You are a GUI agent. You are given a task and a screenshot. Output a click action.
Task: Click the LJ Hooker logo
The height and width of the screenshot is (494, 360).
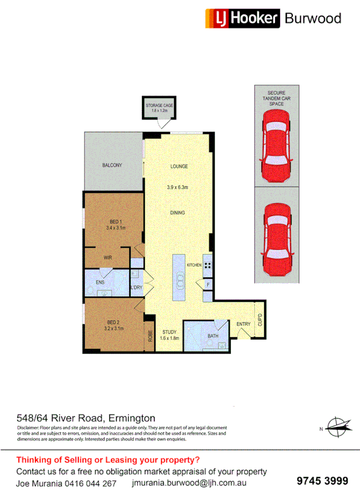(242, 18)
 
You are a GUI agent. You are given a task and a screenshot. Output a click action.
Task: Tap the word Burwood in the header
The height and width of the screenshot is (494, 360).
(313, 18)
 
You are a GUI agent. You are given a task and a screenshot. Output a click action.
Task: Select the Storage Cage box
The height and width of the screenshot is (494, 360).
(159, 108)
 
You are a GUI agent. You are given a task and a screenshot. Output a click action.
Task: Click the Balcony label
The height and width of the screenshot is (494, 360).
(112, 165)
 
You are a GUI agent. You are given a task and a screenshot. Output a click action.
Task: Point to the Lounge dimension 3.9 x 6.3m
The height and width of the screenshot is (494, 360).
(179, 187)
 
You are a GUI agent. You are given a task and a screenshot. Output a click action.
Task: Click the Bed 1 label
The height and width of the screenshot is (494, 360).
(115, 221)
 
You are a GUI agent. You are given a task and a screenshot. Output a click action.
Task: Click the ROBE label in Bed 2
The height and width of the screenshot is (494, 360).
(150, 336)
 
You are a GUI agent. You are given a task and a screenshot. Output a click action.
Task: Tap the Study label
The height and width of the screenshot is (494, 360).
(170, 332)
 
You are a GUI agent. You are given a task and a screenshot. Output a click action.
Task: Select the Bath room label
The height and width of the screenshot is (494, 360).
(212, 336)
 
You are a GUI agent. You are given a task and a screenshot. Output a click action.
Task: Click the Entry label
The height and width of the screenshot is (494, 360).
(243, 324)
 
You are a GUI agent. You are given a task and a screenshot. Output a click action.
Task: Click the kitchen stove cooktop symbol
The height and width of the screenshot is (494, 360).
(207, 265)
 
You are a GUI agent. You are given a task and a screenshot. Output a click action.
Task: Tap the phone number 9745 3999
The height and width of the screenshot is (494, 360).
(322, 480)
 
